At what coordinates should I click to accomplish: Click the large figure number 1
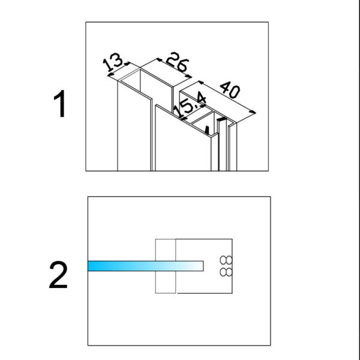click(x=59, y=104)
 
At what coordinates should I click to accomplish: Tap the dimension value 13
click(x=114, y=62)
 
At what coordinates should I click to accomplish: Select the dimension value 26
click(x=174, y=62)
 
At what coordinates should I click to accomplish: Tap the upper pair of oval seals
click(x=226, y=260)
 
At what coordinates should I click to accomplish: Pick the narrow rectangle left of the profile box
click(x=165, y=267)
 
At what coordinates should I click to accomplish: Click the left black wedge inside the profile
click(x=208, y=128)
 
